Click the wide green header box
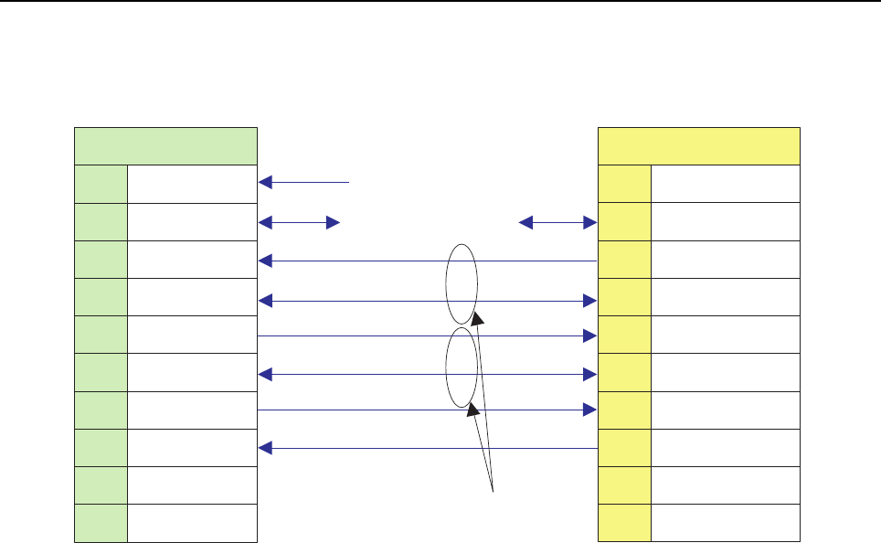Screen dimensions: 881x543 point(165,146)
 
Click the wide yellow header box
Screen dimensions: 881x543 point(699,146)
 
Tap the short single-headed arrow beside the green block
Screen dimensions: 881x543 point(304,183)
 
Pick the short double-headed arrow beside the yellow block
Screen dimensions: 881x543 point(557,222)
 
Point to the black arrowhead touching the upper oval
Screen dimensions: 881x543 point(476,318)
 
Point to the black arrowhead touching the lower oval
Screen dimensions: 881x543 point(473,413)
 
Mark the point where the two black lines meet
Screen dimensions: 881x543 point(494,492)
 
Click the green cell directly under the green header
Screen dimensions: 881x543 point(101,184)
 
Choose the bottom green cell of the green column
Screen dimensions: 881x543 point(101,523)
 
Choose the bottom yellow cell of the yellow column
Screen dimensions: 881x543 point(625,523)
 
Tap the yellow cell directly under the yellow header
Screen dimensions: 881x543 point(625,184)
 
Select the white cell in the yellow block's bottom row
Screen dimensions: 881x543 point(726,523)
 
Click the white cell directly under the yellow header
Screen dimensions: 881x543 point(726,184)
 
